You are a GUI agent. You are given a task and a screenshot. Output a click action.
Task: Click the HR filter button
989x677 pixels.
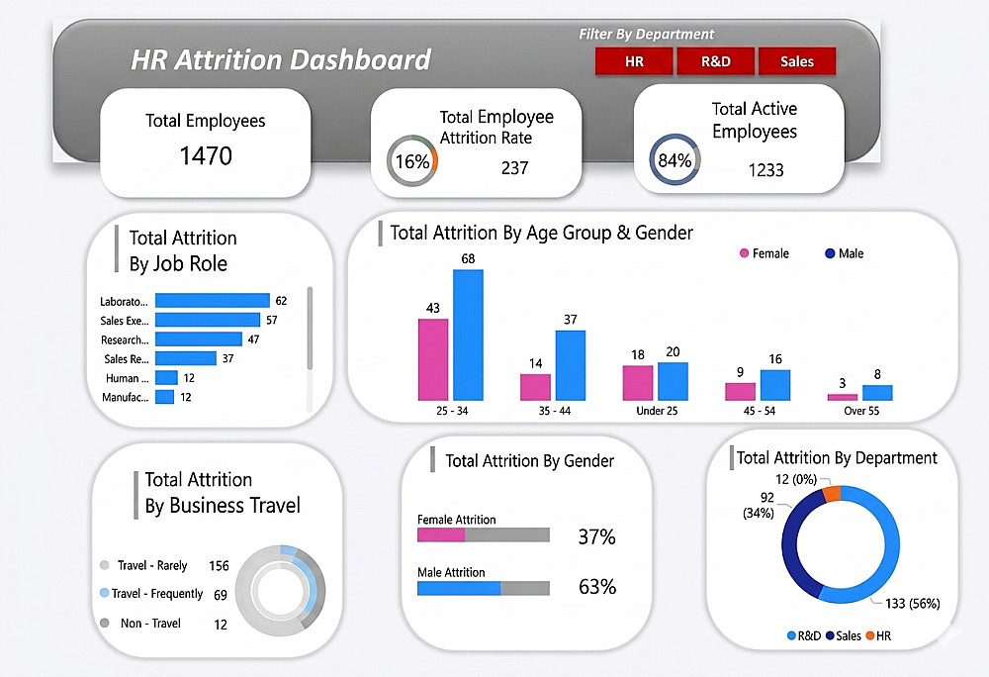click(x=634, y=61)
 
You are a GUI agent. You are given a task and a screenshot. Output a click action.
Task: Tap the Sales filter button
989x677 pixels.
click(x=796, y=61)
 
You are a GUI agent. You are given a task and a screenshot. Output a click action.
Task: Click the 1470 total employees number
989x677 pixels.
click(x=206, y=155)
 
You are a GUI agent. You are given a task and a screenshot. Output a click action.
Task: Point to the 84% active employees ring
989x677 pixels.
click(x=674, y=161)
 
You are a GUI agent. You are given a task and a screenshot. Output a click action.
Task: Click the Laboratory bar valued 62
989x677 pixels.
click(x=213, y=300)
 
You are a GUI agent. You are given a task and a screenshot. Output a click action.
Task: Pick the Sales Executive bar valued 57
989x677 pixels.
click(x=208, y=320)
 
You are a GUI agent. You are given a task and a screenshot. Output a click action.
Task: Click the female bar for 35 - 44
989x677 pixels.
click(x=535, y=387)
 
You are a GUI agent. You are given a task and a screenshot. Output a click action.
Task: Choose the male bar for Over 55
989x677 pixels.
click(x=877, y=392)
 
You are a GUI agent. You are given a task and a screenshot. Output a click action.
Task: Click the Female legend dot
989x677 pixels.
click(x=744, y=254)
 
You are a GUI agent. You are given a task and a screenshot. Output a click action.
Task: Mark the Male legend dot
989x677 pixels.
click(x=830, y=254)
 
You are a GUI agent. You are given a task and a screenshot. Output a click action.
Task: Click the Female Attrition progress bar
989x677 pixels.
click(x=483, y=535)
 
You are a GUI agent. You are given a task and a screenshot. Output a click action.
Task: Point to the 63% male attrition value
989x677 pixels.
click(x=596, y=587)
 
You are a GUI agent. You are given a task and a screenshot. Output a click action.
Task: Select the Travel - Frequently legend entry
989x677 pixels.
click(x=156, y=594)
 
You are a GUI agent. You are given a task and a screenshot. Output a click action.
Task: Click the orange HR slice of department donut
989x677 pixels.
click(x=832, y=493)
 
